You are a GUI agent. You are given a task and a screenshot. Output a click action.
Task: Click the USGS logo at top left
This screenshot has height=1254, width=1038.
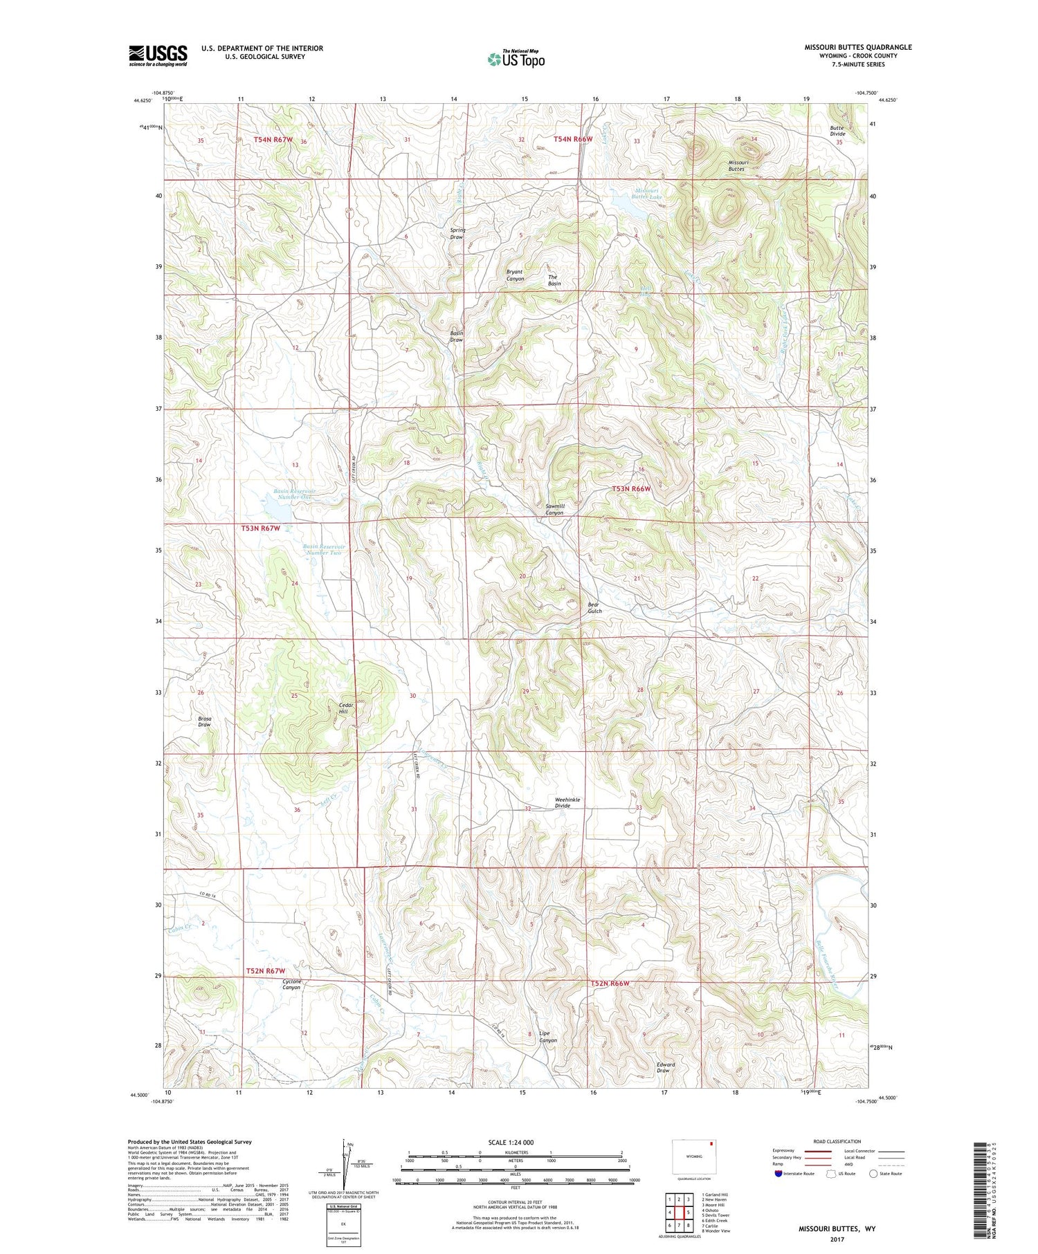[x=158, y=55]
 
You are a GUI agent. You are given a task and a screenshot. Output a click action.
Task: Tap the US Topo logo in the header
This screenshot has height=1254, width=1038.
[x=516, y=59]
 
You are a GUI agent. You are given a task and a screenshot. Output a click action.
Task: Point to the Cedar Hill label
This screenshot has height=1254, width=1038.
[x=347, y=708]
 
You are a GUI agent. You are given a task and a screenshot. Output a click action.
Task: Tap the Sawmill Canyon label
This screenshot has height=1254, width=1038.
[x=554, y=509]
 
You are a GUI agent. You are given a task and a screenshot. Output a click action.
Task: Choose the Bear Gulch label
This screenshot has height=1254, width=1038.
[x=594, y=607]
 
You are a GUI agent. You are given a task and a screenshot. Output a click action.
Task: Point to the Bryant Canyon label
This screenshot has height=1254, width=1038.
[x=515, y=275]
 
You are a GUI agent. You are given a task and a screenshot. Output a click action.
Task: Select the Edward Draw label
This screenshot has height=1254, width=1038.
[x=665, y=1068]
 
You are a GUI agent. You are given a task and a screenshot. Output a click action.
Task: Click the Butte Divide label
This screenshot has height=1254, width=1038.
[x=838, y=131]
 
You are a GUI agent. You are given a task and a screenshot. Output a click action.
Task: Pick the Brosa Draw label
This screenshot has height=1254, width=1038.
[x=204, y=721]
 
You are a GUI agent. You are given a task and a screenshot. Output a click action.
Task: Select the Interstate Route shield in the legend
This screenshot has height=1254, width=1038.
[x=778, y=1173]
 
